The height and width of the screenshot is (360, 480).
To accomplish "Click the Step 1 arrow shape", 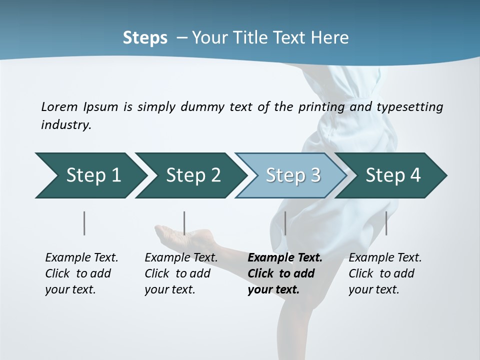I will (90, 175).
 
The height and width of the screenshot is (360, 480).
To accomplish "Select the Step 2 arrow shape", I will (190, 175).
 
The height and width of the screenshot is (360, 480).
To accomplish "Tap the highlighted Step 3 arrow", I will (290, 175).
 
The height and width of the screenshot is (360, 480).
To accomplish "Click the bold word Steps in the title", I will (145, 38).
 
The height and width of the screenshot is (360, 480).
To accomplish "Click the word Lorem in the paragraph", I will (59, 107).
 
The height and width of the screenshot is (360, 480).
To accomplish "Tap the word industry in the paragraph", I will (65, 125).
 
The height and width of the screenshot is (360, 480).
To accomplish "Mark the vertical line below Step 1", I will (84, 223).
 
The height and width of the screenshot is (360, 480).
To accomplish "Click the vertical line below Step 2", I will (184, 223).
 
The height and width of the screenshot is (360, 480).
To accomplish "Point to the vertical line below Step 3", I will (285, 223).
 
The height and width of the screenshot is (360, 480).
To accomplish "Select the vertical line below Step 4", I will (386, 223).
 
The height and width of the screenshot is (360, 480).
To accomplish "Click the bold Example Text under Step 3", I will (285, 258).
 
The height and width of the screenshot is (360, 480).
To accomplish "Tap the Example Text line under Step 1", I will (81, 258).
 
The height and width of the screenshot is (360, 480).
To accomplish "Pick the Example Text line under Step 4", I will (385, 258).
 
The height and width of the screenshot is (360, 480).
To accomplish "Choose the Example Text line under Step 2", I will (181, 258).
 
